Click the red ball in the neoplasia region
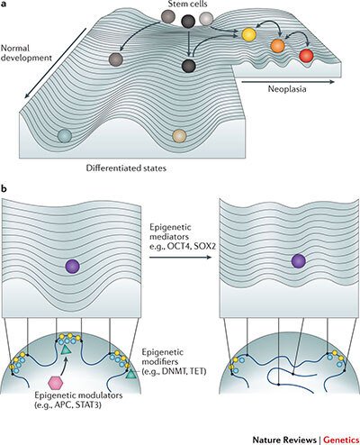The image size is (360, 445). click(x=306, y=56)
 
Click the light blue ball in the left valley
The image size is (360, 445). click(x=65, y=135)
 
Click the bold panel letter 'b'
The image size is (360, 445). click(x=6, y=188)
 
